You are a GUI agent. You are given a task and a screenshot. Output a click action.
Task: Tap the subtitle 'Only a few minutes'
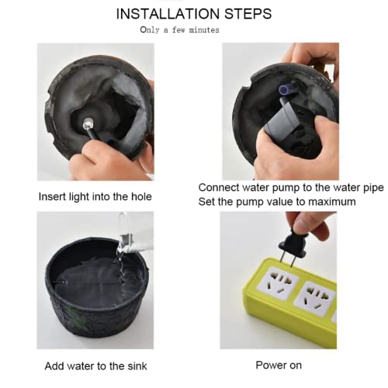(x=179, y=30)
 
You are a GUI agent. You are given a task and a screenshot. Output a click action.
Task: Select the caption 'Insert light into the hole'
(x=95, y=197)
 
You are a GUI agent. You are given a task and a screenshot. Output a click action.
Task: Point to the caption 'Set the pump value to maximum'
(x=277, y=202)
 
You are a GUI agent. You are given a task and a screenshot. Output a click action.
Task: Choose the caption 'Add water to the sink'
(x=95, y=365)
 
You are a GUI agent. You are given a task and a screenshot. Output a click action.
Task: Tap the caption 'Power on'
(x=279, y=365)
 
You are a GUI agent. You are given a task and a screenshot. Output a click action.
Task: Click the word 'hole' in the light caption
(x=140, y=197)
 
